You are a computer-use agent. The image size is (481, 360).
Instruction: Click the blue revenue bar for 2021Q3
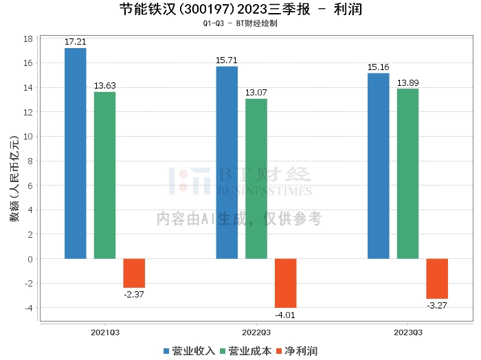coord(76,153)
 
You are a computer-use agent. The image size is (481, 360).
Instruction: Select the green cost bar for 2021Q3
coord(105,175)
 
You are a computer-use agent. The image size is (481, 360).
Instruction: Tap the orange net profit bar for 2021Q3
coord(134,273)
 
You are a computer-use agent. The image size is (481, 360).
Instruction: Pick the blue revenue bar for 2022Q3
coord(227,163)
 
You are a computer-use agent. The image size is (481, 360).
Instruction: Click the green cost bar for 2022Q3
coord(256,179)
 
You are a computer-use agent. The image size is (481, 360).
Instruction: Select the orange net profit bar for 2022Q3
coord(286,283)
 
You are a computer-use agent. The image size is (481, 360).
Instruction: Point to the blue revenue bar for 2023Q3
coord(379,166)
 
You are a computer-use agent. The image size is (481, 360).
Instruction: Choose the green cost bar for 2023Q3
coord(407,174)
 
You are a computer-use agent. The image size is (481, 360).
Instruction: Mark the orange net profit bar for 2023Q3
coord(437,278)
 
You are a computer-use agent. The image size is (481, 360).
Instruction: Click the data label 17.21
coord(76,42)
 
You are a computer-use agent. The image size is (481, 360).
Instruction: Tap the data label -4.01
coord(286,315)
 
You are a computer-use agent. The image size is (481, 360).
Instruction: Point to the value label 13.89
coord(407,83)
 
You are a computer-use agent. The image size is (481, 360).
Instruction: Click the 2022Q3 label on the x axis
coord(256,332)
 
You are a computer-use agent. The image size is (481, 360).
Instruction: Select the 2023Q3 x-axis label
coord(407,332)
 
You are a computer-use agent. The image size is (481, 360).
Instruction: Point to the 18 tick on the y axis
coord(29,38)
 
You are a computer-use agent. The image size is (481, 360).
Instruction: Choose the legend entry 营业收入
coord(190,351)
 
